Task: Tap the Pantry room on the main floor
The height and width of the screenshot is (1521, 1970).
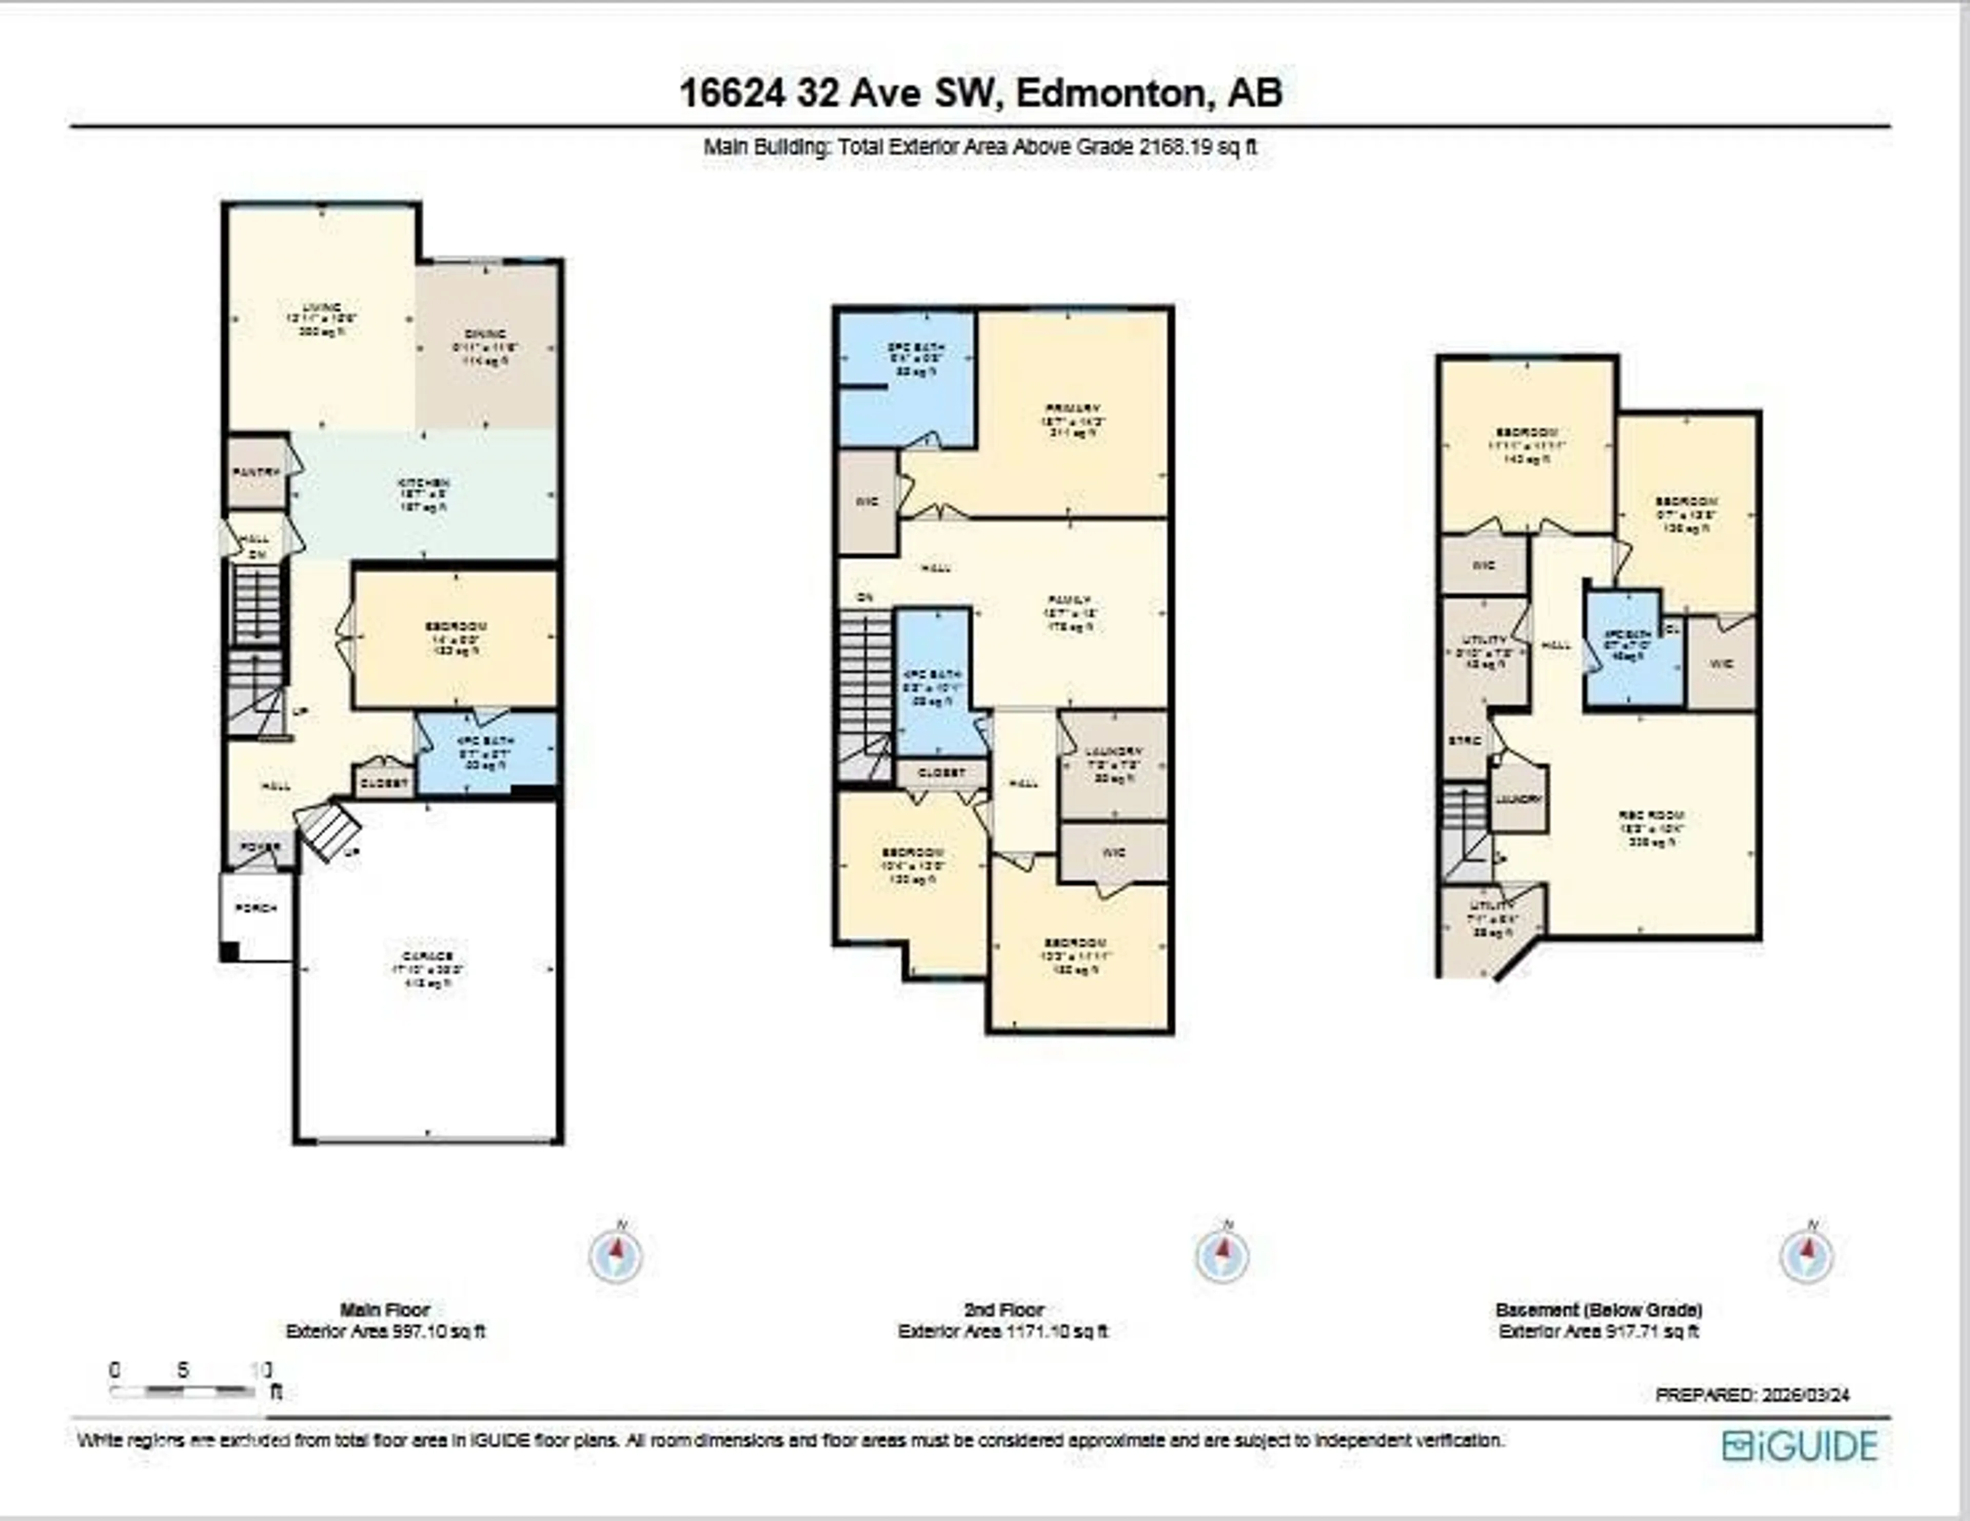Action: pos(256,472)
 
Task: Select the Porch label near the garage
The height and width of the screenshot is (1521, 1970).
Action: pos(256,908)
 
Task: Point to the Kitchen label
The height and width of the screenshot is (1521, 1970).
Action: pos(424,483)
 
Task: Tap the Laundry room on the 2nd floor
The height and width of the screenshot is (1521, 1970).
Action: pos(1114,751)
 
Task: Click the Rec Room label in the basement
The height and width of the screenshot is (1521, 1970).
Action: pos(1651,814)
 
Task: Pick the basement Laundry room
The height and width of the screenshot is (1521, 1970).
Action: pos(1519,800)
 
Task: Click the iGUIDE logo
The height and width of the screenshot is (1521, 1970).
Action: pos(1800,1446)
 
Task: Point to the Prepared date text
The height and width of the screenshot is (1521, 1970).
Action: pos(1752,1395)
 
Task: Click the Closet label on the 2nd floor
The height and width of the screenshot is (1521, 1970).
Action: pos(941,773)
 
